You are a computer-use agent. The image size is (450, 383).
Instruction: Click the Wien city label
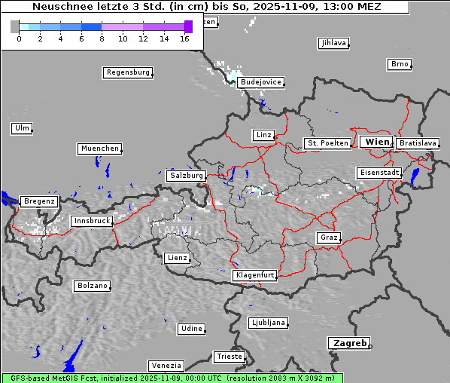point(377,142)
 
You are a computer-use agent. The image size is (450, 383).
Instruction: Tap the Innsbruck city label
point(92,221)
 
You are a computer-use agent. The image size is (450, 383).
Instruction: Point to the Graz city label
point(329,237)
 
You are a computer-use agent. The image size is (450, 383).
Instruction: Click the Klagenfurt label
point(254,275)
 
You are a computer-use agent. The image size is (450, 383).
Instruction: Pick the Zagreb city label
point(348,343)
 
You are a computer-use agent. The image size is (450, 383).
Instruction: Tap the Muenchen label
point(99,149)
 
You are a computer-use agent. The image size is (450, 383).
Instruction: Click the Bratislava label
point(418,142)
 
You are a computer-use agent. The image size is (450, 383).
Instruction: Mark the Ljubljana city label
point(268,323)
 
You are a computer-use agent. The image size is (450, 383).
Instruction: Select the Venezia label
point(165,365)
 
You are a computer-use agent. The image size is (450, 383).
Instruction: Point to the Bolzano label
point(92,286)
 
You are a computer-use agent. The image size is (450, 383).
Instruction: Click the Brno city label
point(400,64)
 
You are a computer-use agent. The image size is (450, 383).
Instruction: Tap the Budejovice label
point(260,81)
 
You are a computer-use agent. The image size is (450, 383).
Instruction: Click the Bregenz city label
point(39,201)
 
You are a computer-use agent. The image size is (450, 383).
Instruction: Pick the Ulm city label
point(22,128)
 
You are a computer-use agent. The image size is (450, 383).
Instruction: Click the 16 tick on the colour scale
point(184,38)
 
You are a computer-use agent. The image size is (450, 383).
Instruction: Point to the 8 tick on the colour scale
point(102,38)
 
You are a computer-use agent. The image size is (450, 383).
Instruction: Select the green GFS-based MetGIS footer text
point(172,378)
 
